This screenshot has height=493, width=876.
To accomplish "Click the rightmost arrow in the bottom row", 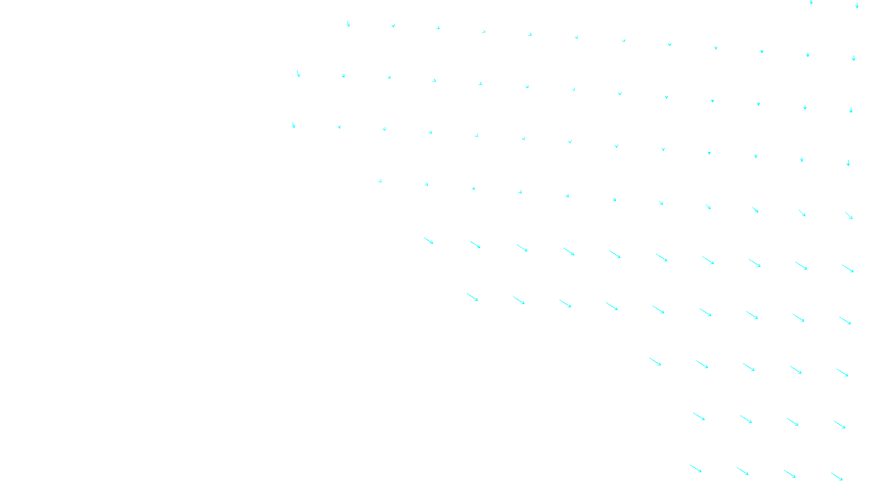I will (x=837, y=477).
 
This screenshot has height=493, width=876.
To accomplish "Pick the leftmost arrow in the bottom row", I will (x=695, y=468).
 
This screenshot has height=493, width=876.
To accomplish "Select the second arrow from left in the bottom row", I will (x=742, y=471).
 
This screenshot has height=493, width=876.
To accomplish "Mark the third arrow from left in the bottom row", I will (x=789, y=474).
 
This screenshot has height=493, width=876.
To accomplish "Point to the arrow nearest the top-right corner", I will (x=857, y=5).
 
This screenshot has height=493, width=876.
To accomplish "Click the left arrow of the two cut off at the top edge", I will (x=811, y=2).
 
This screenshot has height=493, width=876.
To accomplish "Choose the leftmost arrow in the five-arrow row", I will (x=655, y=362).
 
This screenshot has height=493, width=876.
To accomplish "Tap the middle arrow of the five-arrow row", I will (x=748, y=367).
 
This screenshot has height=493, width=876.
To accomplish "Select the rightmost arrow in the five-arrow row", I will (x=842, y=372).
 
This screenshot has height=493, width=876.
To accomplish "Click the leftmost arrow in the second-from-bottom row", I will (x=699, y=417).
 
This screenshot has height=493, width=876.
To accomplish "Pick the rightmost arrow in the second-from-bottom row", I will (x=839, y=425).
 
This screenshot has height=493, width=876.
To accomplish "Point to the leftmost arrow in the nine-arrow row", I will (x=472, y=297).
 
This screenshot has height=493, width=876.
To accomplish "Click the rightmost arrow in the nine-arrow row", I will (x=845, y=320).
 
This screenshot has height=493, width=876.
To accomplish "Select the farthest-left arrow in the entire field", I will (x=293, y=125).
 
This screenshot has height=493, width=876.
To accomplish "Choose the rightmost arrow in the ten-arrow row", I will (x=848, y=268).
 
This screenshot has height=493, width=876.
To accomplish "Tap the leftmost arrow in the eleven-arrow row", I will (x=380, y=181).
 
